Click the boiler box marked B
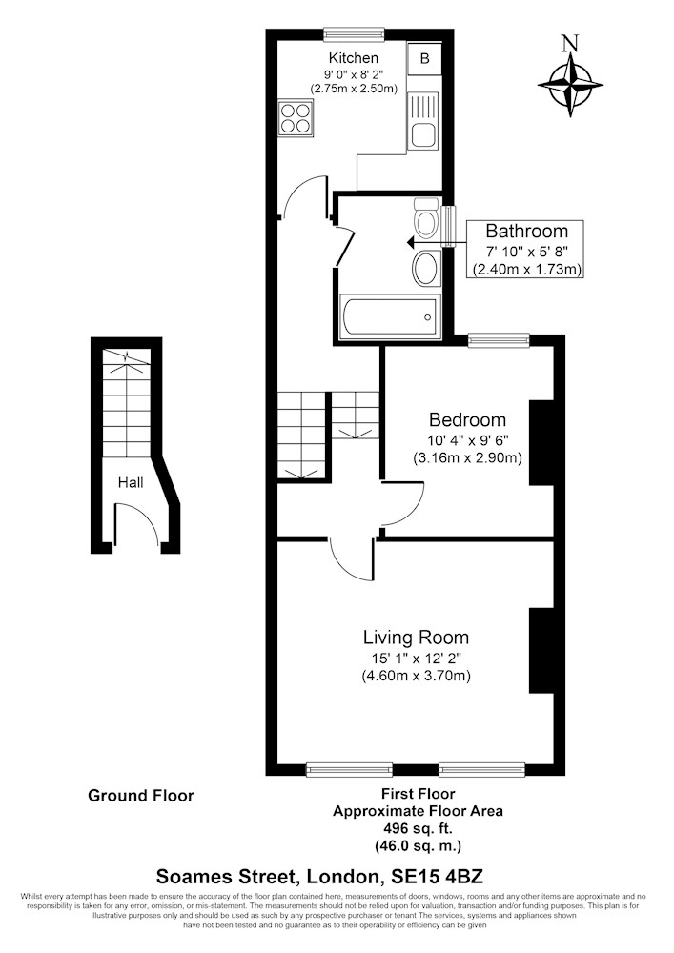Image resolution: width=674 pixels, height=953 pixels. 425,58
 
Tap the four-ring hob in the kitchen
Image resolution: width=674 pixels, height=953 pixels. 296,118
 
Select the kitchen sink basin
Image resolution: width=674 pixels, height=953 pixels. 421,135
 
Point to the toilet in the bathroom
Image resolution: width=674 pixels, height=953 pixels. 426,217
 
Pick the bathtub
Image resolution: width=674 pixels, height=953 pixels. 389,316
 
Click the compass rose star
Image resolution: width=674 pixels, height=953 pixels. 570,85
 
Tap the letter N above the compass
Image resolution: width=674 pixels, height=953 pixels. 570,43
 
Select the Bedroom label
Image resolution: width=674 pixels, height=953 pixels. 467,420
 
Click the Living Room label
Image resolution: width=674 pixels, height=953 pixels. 417,638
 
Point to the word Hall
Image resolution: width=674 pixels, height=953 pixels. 131,482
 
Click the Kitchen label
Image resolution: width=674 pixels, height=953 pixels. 354,58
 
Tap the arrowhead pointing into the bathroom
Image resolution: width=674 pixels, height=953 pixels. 410,243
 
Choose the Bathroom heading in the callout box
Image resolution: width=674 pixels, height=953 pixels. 527,232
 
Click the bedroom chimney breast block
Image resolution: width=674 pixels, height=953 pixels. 541,442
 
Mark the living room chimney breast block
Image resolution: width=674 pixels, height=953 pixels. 541,650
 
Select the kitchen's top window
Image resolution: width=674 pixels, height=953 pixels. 354,33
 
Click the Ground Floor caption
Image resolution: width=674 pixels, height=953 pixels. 141,796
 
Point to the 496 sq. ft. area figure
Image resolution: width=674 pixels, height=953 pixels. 419,828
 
